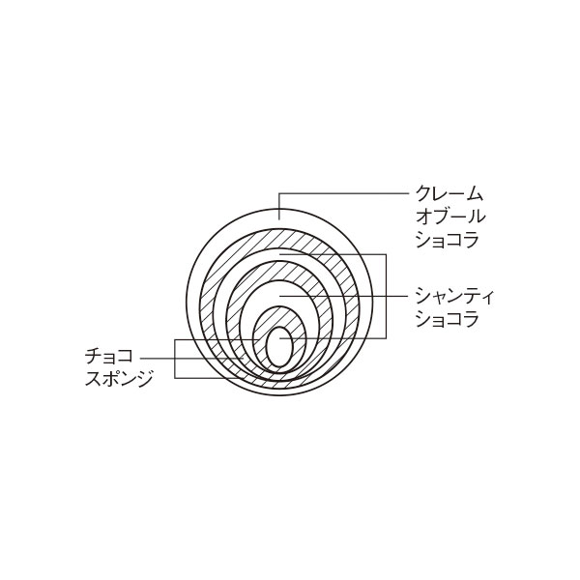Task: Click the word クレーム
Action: coord(449,193)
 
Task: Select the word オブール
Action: coord(450,216)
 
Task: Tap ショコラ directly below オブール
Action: coord(447,239)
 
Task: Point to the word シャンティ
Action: coord(454,296)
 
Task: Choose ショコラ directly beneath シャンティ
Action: coord(447,318)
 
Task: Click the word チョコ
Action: coord(108,357)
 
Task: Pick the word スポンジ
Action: coord(119,379)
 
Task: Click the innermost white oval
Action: coord(280,347)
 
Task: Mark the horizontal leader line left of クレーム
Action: coord(344,193)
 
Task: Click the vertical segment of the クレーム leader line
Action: coord(279,206)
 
